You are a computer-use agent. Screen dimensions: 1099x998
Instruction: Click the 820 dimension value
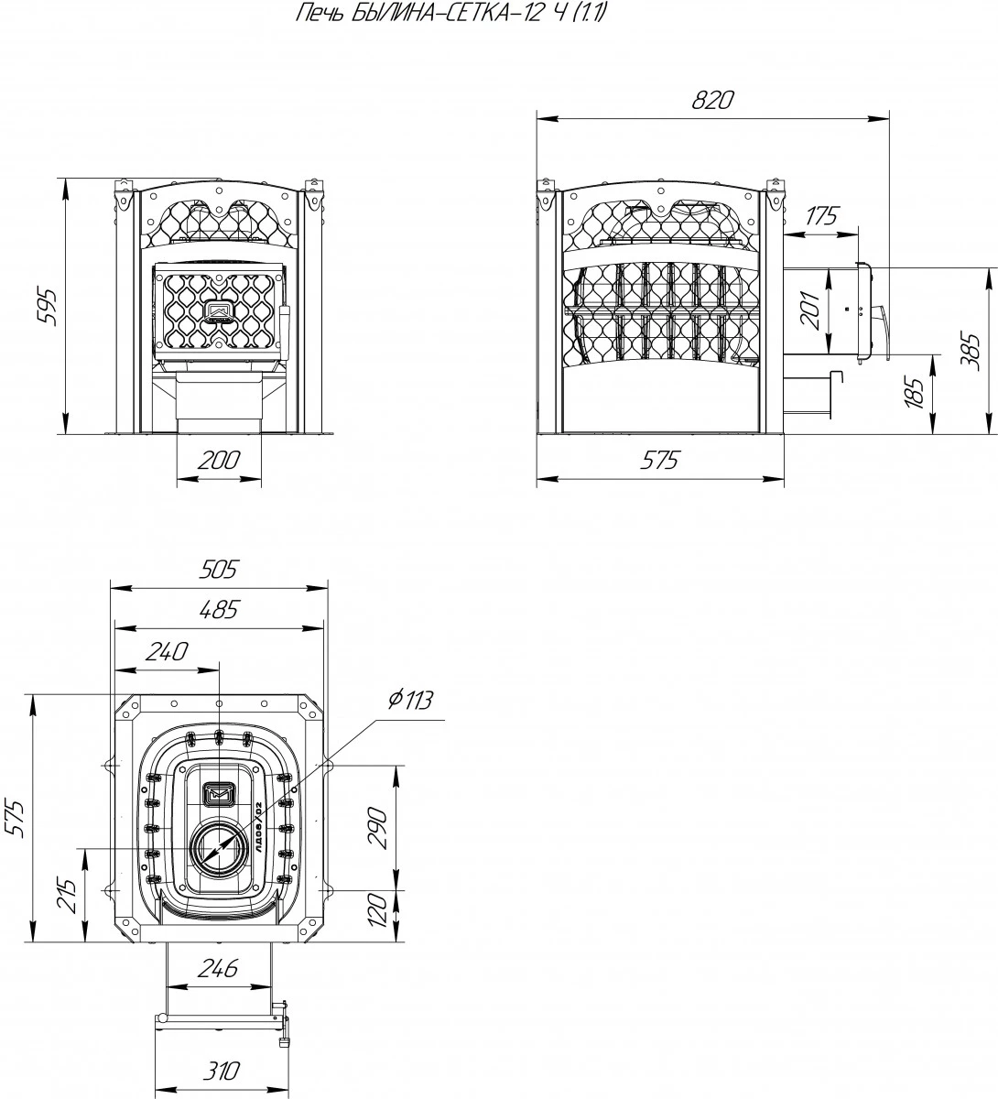coord(713,101)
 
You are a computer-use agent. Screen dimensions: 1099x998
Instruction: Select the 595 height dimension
coord(49,307)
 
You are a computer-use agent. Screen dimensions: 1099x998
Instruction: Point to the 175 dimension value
coord(821,217)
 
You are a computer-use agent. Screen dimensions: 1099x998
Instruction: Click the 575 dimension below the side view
coord(659,461)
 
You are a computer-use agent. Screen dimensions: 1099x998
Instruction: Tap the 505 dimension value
coord(218,570)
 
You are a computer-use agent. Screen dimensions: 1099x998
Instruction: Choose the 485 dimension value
coord(218,609)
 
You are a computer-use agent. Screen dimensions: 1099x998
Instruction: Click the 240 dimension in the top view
coord(167,651)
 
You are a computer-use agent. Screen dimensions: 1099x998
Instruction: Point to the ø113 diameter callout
coord(409,701)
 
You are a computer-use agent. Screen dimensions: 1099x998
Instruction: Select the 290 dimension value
coord(379,828)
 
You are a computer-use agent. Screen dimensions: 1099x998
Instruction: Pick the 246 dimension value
coord(218,968)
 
